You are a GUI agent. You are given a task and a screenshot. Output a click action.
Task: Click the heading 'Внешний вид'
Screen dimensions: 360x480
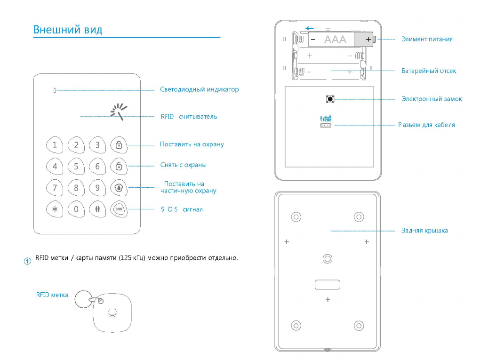pos(68,30)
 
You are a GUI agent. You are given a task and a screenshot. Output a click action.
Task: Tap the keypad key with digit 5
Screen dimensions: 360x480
pos(76,166)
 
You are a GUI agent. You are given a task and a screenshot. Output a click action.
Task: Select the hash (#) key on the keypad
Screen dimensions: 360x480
pos(97,209)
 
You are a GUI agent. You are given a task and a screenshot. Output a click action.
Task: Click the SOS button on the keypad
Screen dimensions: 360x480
pos(119,209)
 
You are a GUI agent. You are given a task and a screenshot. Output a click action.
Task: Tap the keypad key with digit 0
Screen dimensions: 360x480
pos(76,209)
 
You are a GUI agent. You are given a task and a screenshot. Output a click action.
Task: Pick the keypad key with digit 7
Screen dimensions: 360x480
pos(55,188)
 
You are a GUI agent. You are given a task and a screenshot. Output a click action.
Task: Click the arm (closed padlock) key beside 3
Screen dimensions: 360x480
pos(119,145)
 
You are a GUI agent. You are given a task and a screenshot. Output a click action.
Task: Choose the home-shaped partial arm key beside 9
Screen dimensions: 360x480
pos(119,188)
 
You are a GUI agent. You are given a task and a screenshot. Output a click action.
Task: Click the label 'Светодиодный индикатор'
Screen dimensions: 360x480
pos(199,89)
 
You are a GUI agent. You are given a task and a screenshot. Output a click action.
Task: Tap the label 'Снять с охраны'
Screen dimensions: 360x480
pos(183,165)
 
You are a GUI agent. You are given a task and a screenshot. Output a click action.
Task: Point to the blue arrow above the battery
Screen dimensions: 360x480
pos(310,28)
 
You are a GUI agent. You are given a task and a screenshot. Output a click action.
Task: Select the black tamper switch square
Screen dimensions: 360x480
pos(330,99)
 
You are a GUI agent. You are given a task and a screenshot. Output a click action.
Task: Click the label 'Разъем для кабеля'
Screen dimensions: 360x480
pos(426,125)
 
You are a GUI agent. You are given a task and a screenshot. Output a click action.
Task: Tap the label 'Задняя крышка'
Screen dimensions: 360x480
pos(424,231)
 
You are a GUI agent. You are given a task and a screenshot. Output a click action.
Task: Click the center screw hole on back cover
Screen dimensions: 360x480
pos(328,259)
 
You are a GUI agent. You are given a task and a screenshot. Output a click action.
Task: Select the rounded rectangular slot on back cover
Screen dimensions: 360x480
pos(328,284)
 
